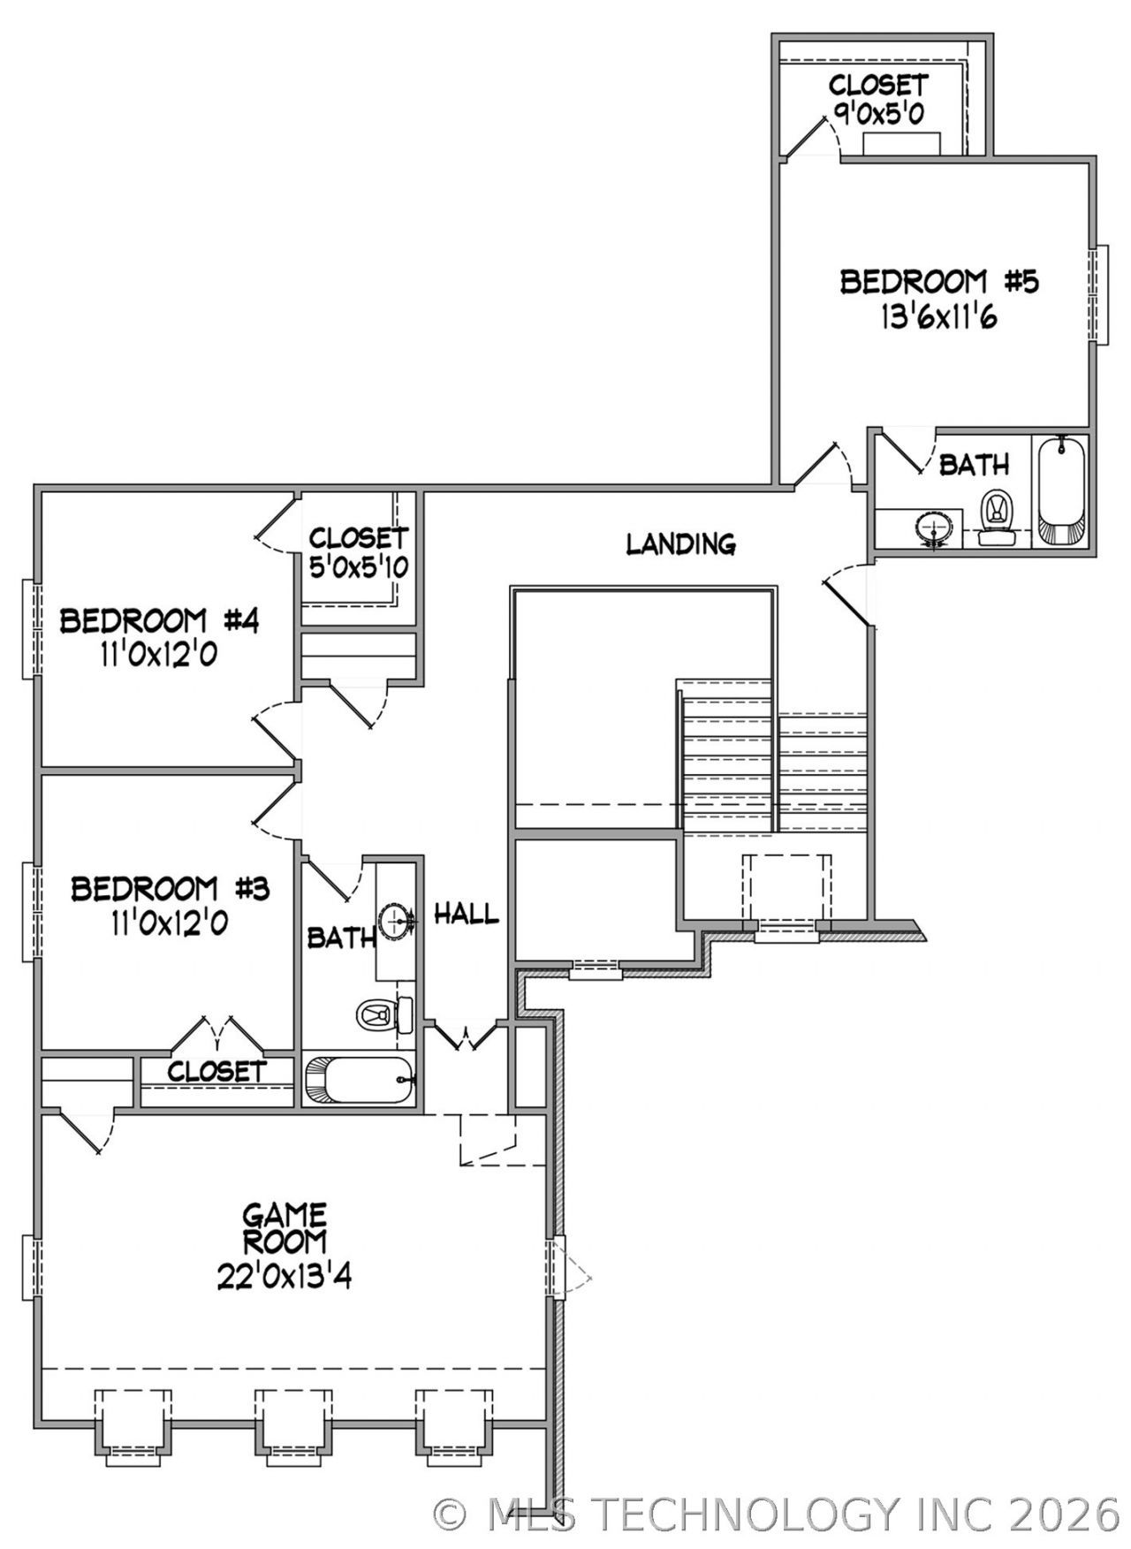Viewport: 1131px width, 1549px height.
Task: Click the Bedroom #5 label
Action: click(938, 282)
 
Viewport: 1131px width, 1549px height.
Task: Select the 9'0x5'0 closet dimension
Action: click(878, 113)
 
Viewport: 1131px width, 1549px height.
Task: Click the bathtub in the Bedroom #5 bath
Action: click(1060, 490)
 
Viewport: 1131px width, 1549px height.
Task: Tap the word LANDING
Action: click(680, 543)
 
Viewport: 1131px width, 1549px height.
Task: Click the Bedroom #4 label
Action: click(159, 621)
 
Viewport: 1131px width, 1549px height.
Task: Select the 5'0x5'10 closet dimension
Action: click(359, 566)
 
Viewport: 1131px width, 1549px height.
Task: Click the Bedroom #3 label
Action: click(170, 888)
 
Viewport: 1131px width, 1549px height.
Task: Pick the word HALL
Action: click(466, 914)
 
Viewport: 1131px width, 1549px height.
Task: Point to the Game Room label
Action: click(285, 1228)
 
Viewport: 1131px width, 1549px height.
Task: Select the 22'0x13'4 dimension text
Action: click(285, 1276)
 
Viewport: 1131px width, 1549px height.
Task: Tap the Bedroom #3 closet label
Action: click(216, 1072)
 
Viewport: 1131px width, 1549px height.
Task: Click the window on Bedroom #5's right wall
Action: click(1098, 295)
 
